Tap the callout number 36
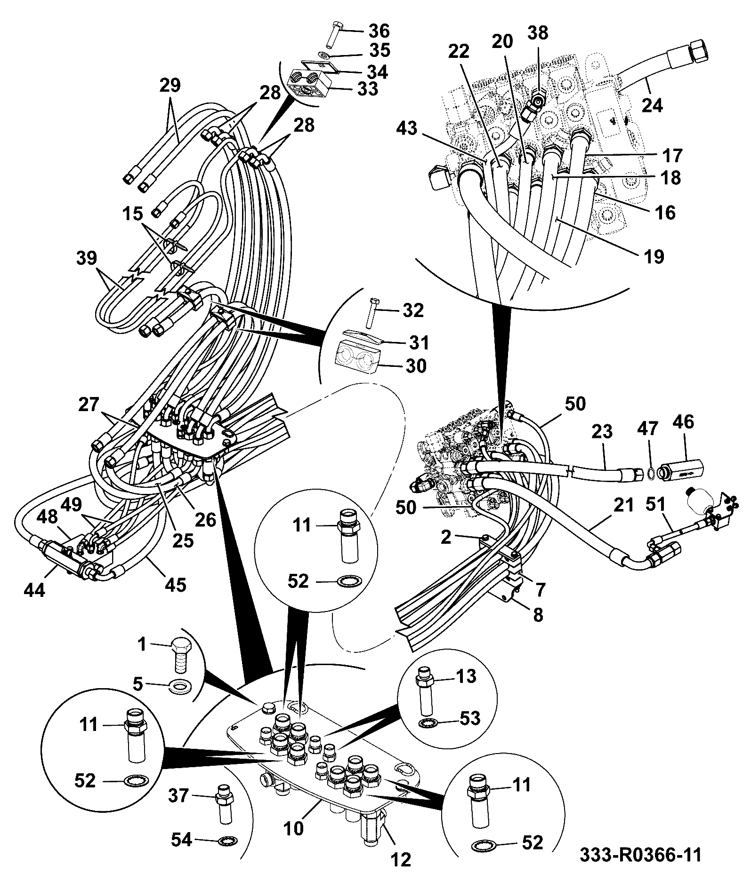click(379, 31)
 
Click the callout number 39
click(86, 258)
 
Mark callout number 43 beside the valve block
click(406, 128)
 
